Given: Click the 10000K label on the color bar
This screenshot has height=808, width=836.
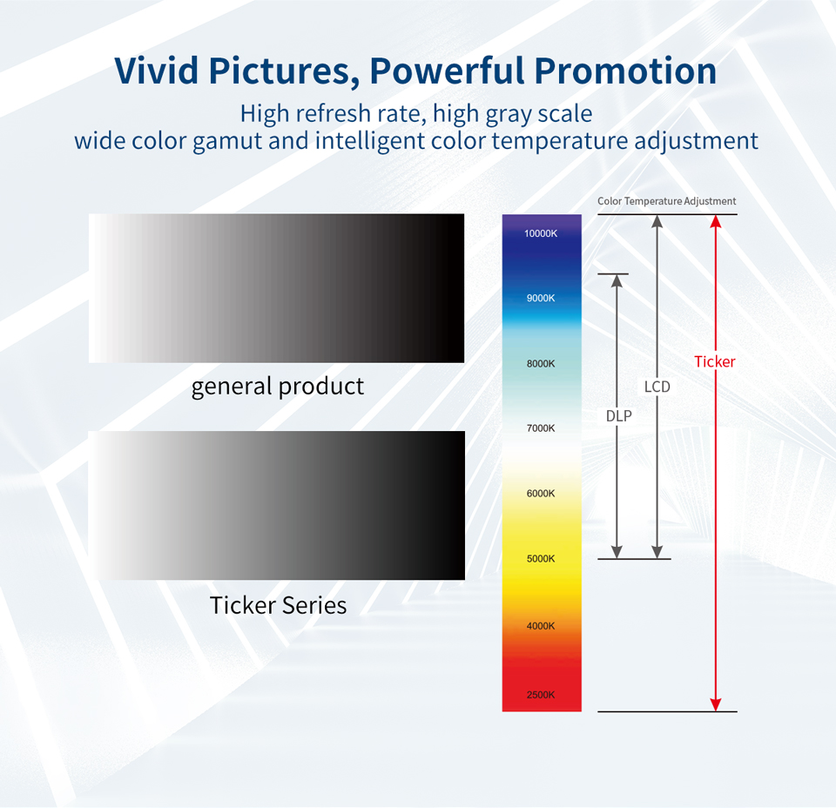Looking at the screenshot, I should tap(541, 233).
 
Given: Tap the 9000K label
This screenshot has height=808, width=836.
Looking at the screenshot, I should tap(541, 298).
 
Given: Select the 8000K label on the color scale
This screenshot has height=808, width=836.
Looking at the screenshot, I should tap(541, 363).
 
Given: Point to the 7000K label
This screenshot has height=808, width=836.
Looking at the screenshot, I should tap(541, 428).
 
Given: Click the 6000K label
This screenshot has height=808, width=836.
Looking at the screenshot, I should tap(541, 494).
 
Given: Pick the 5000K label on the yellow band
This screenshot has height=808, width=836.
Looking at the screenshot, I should tap(541, 558).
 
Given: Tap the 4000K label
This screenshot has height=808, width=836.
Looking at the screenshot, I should tap(541, 626).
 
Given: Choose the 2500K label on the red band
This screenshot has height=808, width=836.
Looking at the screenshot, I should tap(541, 695).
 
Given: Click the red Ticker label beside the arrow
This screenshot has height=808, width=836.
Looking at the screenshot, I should tap(715, 361).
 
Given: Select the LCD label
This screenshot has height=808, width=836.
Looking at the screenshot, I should tap(657, 386).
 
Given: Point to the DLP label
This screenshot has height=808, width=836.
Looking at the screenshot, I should tap(619, 416).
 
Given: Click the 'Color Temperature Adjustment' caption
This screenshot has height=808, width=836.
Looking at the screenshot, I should tap(667, 201).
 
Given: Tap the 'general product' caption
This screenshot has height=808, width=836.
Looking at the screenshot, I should tap(278, 386).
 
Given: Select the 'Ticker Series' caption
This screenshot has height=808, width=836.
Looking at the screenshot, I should tap(278, 605).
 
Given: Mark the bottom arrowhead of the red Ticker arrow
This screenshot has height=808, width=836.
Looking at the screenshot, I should tap(716, 704).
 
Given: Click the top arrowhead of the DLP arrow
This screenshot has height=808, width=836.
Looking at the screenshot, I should tap(617, 281).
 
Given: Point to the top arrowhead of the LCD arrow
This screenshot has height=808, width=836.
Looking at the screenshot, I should tap(657, 221).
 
